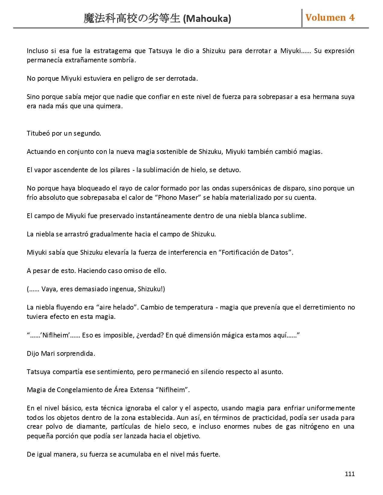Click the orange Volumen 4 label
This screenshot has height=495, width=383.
click(330, 18)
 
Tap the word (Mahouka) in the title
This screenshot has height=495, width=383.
click(207, 19)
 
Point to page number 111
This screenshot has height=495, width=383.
click(350, 474)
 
